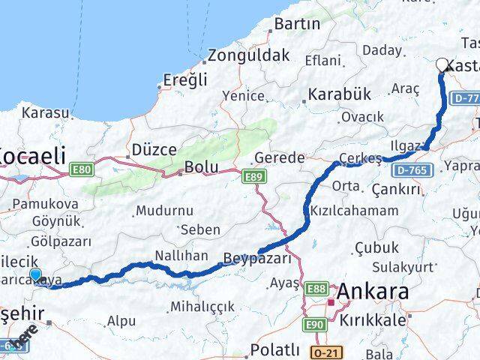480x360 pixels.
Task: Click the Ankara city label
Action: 373,291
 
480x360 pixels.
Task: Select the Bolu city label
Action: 202,166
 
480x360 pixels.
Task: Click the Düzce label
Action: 154,149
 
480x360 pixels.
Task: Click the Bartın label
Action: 297,24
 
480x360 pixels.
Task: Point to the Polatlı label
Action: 274,350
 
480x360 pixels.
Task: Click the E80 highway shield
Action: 81,171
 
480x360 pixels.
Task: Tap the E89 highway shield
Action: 252,175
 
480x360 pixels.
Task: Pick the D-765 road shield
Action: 409,172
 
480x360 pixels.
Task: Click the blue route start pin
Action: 35,274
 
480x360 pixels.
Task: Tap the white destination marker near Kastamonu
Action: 442,65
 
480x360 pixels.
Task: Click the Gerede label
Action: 280,157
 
